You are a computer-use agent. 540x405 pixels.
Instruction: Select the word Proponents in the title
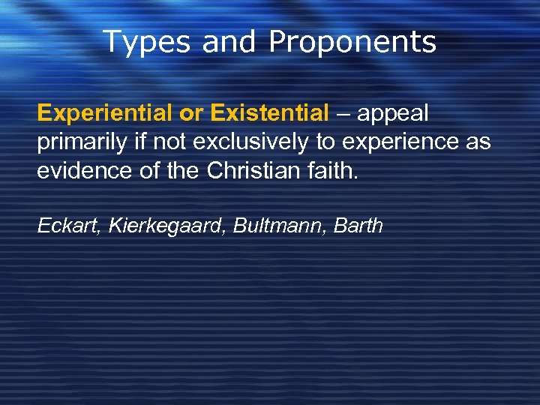pos(352,42)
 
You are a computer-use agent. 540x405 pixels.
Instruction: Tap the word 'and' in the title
pos(229,42)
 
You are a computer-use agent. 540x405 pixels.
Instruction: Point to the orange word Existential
pos(270,114)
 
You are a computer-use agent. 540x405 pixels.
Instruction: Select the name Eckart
pos(69,225)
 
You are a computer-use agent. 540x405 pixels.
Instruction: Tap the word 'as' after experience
pos(479,142)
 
